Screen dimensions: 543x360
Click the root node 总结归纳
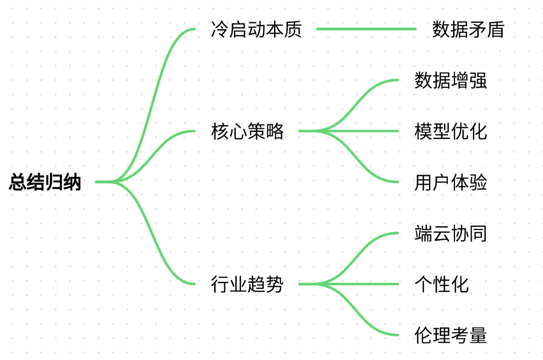tap(45, 182)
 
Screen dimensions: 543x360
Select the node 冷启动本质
tap(256, 29)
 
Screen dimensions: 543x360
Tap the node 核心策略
tap(247, 131)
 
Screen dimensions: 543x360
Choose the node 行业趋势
tap(247, 284)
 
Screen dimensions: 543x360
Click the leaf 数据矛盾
tap(468, 29)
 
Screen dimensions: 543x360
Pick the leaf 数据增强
tap(451, 80)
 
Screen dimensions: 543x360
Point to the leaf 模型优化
tap(451, 131)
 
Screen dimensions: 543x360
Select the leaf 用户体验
tap(451, 182)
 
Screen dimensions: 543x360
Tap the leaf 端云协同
tap(451, 233)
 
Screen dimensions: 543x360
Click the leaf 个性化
tap(442, 284)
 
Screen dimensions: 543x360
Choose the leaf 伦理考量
tap(451, 335)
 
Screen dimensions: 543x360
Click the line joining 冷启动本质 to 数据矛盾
tap(366, 29)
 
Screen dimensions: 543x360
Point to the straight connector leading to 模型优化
tap(349, 131)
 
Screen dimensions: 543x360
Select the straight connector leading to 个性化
tap(349, 284)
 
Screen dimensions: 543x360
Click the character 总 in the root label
tap(18, 182)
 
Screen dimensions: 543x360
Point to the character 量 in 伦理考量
tap(478, 335)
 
